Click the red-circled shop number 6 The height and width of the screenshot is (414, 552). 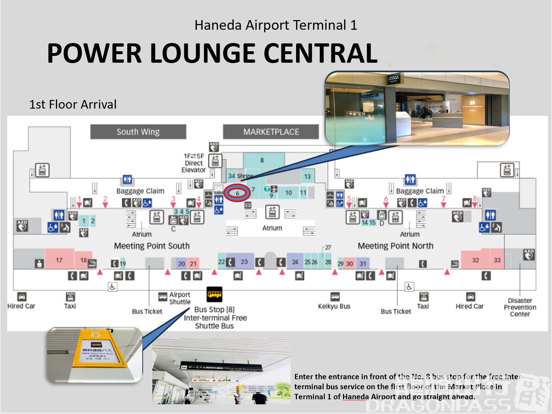point(237,193)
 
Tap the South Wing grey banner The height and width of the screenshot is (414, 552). point(138,132)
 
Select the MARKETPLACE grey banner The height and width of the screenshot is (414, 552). point(271,132)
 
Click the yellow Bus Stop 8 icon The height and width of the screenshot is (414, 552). point(214,295)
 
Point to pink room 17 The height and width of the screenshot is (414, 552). point(59,260)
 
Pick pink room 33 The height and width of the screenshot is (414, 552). point(497,260)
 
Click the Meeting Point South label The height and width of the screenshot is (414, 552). point(152,246)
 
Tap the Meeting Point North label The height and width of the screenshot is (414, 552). point(395,246)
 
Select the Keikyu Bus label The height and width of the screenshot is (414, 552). point(334,306)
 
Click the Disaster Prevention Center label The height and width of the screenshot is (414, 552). point(520,307)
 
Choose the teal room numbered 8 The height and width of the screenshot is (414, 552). point(262,160)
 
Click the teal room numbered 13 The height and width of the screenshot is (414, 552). point(307,176)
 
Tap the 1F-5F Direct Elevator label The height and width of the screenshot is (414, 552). point(194,163)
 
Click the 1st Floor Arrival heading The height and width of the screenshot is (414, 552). point(73,104)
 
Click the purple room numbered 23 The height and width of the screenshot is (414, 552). point(244,262)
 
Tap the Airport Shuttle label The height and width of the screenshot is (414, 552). point(180,298)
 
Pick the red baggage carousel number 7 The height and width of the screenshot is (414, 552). point(443,199)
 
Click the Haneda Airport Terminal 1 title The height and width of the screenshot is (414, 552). point(276,25)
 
